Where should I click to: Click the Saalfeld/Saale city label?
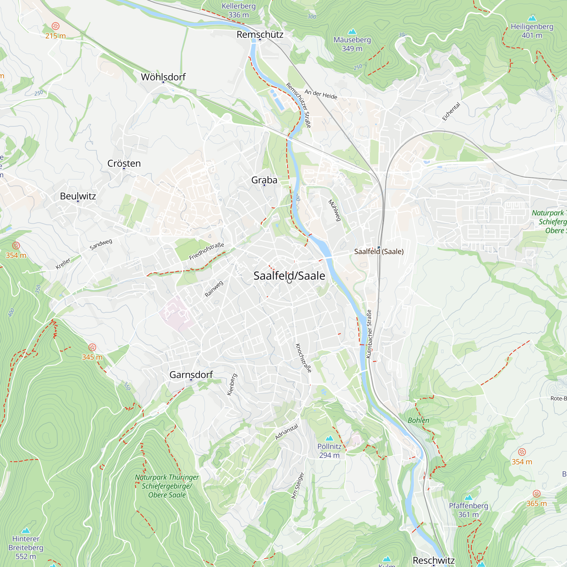289,276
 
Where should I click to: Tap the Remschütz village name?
260,35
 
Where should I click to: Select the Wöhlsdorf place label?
163,77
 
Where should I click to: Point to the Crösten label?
124,163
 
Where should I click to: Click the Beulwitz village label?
78,196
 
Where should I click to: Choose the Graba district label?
264,180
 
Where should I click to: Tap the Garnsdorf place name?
191,375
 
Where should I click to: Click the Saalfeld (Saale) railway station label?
378,251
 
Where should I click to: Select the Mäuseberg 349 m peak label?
352,44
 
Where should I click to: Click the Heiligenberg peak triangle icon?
532,18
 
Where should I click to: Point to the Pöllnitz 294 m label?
329,450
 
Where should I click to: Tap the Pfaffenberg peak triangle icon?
468,498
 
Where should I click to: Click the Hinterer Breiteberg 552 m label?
26,547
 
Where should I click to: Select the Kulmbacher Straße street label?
369,334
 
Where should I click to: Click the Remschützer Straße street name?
299,105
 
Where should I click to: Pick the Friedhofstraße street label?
206,251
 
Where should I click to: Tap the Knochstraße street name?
303,358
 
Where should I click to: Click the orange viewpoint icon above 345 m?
92,348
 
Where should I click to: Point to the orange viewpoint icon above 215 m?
56,26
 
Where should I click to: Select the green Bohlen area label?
418,420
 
